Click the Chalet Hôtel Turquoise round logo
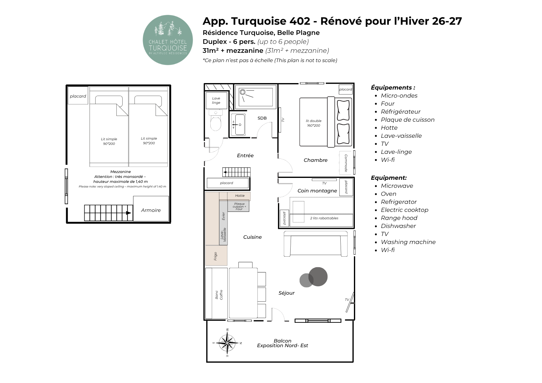[x=168, y=40]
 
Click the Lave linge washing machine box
[x=216, y=101]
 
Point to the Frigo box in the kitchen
[x=216, y=255]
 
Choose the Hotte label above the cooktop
[x=240, y=196]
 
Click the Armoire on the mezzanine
[x=151, y=209]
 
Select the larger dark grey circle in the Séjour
[x=318, y=276]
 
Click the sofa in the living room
[x=316, y=244]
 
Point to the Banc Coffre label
[x=219, y=295]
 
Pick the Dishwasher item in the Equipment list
[x=398, y=226]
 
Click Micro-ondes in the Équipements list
[x=399, y=95]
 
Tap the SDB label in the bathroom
[x=262, y=118]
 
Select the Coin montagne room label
[x=317, y=191]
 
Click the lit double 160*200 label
[x=313, y=123]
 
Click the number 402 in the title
[x=300, y=21]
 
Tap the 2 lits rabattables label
[x=324, y=218]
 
